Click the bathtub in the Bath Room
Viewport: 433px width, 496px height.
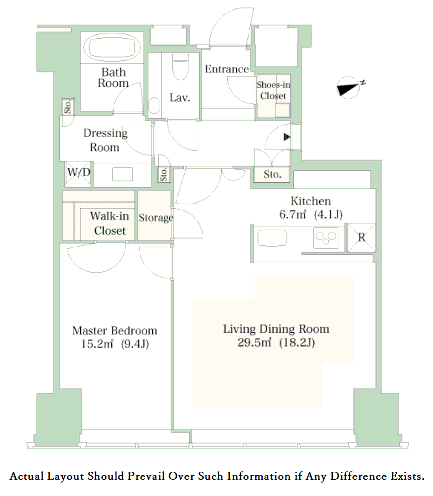(115, 47)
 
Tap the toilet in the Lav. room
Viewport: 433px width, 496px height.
(181, 67)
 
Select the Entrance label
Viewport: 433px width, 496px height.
(227, 69)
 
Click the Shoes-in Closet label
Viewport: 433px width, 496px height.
(273, 90)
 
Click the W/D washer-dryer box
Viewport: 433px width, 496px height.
(78, 173)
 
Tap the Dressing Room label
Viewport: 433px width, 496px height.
(105, 140)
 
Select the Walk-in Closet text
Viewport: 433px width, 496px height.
(110, 223)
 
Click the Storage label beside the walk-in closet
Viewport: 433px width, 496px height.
(156, 218)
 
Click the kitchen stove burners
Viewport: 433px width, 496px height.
(326, 238)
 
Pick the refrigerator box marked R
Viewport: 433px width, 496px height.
(362, 238)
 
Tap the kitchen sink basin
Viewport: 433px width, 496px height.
(272, 238)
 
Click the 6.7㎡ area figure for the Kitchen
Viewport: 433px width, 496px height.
(292, 214)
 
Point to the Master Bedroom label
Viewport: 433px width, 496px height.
(115, 330)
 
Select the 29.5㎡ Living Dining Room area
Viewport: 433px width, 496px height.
(254, 342)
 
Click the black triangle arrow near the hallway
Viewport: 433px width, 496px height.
(287, 137)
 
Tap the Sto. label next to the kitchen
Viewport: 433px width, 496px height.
(272, 174)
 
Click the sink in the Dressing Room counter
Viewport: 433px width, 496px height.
(123, 174)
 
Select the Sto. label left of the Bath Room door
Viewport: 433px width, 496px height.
(68, 106)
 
